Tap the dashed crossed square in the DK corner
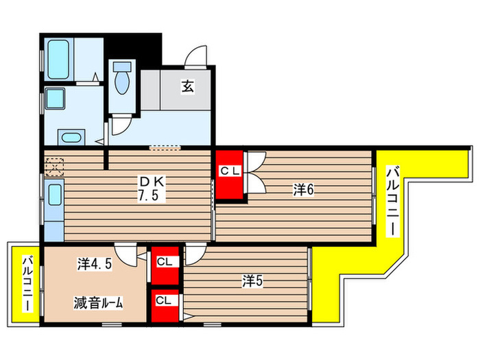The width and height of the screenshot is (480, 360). (x=53, y=165)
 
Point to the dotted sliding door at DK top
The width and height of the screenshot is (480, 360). (x=165, y=147)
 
